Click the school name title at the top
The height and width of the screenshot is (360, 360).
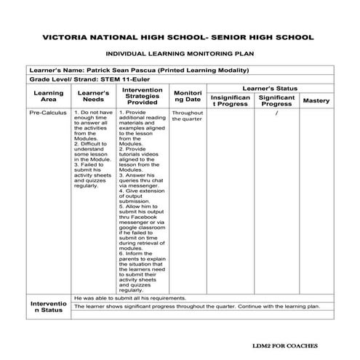coord(179,36)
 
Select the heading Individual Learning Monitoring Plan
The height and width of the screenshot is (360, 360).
coord(179,54)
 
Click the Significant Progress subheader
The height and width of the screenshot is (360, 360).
coord(276,100)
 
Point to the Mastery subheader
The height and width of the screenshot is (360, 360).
coord(316,100)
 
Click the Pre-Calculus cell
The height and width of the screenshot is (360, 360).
coord(49,113)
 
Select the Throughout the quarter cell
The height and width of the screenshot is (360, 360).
coord(188,116)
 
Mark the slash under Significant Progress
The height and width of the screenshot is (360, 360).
coord(277,113)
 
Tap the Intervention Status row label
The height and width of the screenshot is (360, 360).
coord(49,306)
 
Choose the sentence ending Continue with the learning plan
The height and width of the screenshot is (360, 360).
coord(197,306)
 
